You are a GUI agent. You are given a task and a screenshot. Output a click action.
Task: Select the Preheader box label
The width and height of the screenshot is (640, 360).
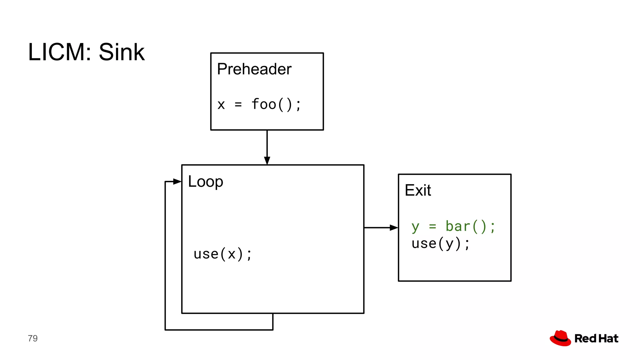pyautogui.click(x=254, y=69)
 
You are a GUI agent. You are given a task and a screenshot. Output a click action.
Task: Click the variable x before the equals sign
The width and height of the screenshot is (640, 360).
pyautogui.click(x=221, y=105)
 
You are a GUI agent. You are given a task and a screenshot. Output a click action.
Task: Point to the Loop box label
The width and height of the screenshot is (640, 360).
pyautogui.click(x=205, y=182)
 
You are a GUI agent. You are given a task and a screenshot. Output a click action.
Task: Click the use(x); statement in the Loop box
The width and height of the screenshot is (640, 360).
pyautogui.click(x=222, y=254)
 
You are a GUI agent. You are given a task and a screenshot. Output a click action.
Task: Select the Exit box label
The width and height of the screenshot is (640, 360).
pyautogui.click(x=417, y=190)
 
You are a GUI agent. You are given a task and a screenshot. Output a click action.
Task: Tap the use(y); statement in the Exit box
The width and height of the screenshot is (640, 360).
pyautogui.click(x=440, y=243)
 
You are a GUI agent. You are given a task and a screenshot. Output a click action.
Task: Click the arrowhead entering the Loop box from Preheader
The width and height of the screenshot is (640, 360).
pyautogui.click(x=267, y=160)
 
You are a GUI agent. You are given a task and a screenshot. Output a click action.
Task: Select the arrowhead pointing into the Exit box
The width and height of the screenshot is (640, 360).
pyautogui.click(x=393, y=228)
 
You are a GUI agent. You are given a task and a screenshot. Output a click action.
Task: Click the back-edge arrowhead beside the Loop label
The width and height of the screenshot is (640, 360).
pyautogui.click(x=177, y=181)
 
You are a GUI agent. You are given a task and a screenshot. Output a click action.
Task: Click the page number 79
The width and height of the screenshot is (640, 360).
pyautogui.click(x=32, y=338)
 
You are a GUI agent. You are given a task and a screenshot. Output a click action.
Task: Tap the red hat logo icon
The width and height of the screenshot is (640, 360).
pyautogui.click(x=560, y=338)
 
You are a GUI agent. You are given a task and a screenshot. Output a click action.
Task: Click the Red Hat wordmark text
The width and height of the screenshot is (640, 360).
pyautogui.click(x=596, y=338)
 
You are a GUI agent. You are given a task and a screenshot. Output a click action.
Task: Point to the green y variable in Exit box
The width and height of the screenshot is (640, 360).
pyautogui.click(x=415, y=227)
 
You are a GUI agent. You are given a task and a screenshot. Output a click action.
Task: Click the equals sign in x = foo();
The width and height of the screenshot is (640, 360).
pyautogui.click(x=238, y=104)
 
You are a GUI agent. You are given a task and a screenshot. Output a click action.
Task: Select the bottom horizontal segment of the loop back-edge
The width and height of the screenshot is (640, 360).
pyautogui.click(x=219, y=330)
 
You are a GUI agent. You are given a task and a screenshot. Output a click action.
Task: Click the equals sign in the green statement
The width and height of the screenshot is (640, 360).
pyautogui.click(x=432, y=226)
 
